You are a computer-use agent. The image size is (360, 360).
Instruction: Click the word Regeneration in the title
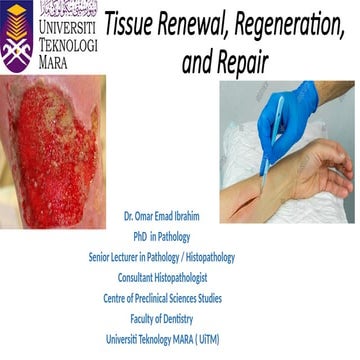point(289,21)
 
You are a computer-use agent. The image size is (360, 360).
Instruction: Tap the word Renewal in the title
point(197,21)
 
